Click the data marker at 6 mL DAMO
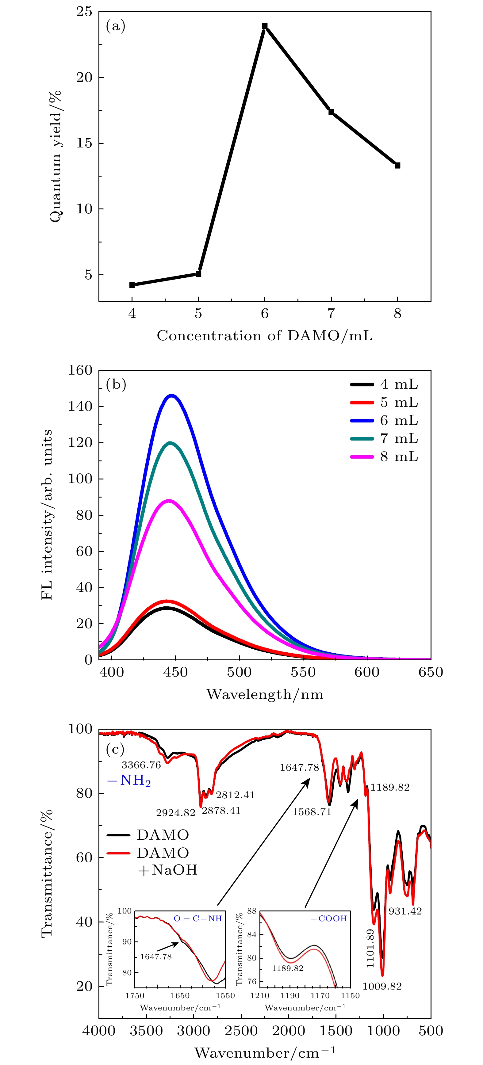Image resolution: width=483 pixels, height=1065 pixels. (265, 26)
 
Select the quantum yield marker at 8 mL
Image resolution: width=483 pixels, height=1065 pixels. (397, 165)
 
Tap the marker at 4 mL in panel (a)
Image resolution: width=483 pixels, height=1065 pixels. (132, 285)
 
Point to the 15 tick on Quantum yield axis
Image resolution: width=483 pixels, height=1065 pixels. (84, 143)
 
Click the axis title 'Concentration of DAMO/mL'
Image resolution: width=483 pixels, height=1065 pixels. (265, 336)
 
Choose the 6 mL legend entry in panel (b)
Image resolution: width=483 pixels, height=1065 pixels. (385, 421)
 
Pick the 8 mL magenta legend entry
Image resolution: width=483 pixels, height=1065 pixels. (385, 457)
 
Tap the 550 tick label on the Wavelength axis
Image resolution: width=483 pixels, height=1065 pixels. (303, 672)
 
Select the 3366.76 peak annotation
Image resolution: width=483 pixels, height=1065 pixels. (141, 765)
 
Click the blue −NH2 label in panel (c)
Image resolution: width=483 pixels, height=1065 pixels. (129, 781)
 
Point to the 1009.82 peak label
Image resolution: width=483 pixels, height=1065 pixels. (382, 987)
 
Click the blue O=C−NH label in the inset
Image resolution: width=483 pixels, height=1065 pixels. (198, 919)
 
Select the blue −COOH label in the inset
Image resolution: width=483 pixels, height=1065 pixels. (329, 919)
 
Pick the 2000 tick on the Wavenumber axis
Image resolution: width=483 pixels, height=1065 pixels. (288, 1031)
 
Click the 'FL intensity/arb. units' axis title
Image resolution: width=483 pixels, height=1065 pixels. (47, 515)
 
